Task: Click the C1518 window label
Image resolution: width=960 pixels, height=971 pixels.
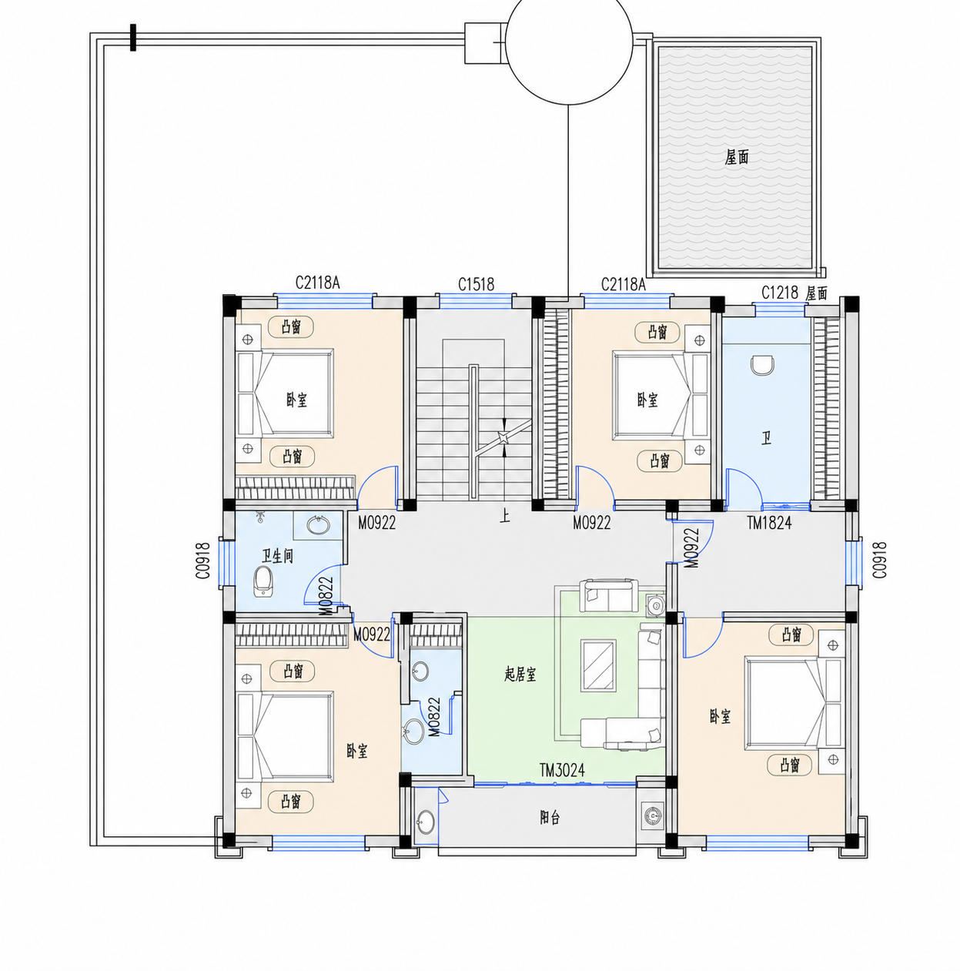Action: click(476, 284)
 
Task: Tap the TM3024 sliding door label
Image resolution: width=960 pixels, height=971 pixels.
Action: click(562, 770)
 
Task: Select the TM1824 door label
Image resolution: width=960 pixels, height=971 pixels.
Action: click(769, 523)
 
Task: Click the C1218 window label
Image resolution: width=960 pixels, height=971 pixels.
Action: click(780, 292)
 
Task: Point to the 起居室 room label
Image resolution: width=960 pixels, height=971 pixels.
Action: click(520, 674)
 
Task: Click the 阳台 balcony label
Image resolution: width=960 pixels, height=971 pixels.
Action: click(550, 817)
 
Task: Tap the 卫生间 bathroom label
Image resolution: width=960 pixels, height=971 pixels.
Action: click(277, 557)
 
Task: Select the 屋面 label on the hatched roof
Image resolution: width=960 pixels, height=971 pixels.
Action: click(736, 157)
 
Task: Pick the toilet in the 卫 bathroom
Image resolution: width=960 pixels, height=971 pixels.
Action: click(761, 365)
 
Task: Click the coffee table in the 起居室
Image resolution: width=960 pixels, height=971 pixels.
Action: click(599, 665)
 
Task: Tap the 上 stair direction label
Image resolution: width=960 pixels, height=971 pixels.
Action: click(504, 517)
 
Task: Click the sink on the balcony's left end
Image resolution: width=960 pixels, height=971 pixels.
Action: click(426, 822)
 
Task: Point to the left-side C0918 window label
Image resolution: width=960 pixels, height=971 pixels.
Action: click(203, 561)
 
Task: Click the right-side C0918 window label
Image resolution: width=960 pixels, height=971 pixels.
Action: click(879, 560)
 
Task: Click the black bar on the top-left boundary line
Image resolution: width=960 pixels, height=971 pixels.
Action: click(133, 38)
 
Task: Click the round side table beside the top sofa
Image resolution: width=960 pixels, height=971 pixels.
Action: click(655, 605)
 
